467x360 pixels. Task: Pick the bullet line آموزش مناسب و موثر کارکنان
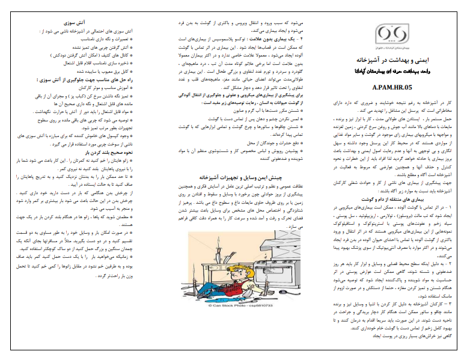tap(111, 87)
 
